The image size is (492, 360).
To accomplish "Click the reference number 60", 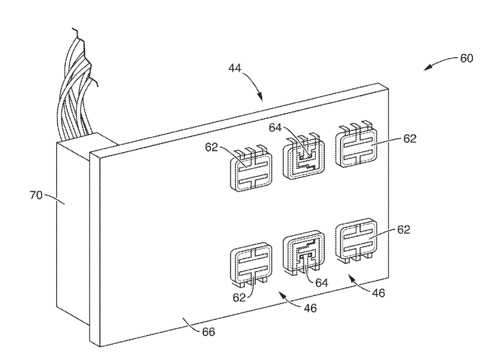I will [x=467, y=58].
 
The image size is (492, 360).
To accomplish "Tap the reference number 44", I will [x=235, y=68].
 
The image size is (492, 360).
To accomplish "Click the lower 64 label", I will [x=322, y=283].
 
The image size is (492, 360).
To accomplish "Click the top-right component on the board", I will [x=355, y=147].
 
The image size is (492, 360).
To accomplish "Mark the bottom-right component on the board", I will [x=355, y=241].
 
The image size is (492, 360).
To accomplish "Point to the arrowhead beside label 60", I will [x=426, y=68].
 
